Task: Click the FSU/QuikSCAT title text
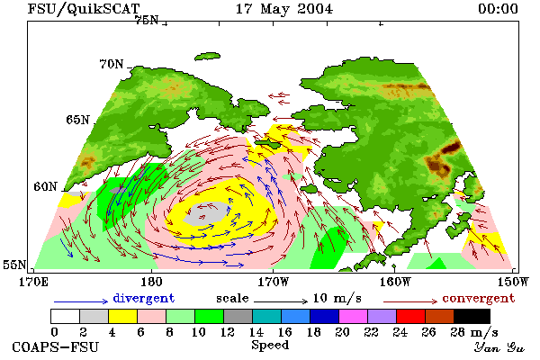point(84,9)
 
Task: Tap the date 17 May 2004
point(284,9)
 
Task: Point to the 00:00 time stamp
point(498,9)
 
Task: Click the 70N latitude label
point(112,64)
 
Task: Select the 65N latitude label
point(77,120)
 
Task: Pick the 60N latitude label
point(45,186)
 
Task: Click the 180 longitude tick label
point(151,282)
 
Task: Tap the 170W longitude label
point(273,282)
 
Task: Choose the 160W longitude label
point(395,282)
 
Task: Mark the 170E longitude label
point(33,282)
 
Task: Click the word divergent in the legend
point(144,298)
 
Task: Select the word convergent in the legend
point(479,298)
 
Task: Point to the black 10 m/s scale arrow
point(281,301)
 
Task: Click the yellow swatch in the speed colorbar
point(122,316)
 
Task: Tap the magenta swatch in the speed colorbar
point(354,316)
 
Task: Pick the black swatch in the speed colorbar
point(472,316)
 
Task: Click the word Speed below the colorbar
point(270,346)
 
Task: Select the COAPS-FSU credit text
point(56,346)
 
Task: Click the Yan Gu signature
point(499,347)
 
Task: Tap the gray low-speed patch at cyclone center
point(206,213)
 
